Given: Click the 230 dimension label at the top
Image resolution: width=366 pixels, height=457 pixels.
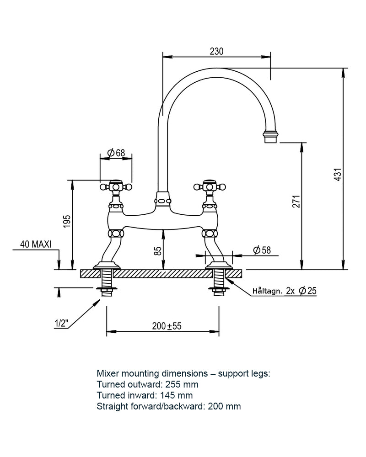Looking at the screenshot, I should click(x=216, y=52).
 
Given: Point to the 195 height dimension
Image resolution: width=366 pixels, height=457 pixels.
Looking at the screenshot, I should click(x=67, y=221).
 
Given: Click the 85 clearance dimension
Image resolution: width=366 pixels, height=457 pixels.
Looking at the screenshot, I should click(x=158, y=251).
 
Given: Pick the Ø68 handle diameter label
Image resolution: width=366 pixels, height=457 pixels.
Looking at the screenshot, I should click(x=116, y=153).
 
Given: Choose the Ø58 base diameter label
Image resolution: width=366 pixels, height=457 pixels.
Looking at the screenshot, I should click(x=261, y=250).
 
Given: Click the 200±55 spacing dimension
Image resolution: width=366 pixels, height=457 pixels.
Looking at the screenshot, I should click(x=167, y=326).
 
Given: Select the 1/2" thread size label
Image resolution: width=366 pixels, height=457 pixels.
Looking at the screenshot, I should click(x=61, y=324).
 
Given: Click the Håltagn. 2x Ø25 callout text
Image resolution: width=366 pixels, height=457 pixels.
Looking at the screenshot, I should click(x=284, y=291).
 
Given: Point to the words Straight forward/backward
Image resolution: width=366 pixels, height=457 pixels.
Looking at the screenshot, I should click(x=149, y=406).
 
